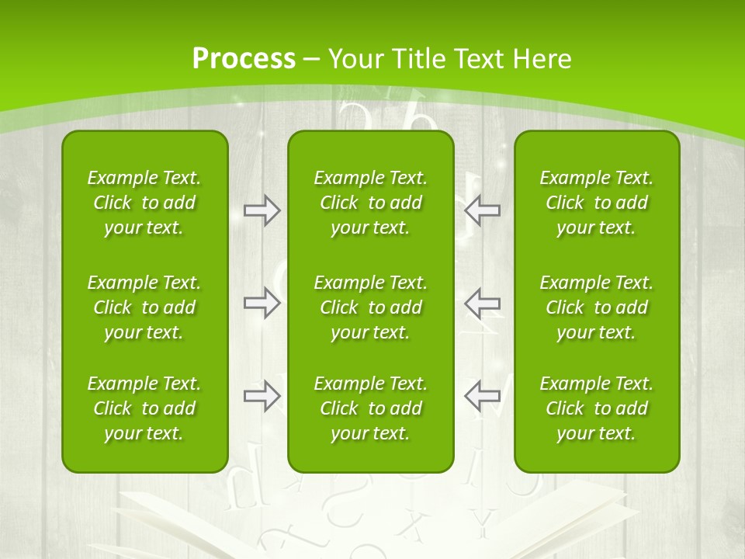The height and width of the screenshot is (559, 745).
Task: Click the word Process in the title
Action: pos(244,59)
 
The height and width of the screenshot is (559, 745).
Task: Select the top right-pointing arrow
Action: pos(262,210)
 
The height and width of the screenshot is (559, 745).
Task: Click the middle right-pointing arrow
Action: pos(262,303)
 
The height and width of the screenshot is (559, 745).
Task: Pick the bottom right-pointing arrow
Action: pos(262,396)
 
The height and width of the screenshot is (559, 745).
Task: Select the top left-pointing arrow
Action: pos(482,210)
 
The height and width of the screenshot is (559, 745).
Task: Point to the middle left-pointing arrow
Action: pos(482,303)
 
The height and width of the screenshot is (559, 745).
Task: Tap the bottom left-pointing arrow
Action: pos(482,396)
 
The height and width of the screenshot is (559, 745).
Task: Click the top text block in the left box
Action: pos(144,203)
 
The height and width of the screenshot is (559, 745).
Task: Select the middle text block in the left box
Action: pos(144,307)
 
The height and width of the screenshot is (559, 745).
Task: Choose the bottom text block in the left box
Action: pos(144,408)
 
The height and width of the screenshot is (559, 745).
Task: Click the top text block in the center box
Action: pos(370,203)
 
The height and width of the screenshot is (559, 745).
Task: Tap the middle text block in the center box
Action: pos(370,307)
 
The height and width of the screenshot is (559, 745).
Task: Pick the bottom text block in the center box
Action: pos(370,408)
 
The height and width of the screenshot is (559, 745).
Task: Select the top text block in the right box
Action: pos(596,203)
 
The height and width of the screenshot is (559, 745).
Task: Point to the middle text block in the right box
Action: pos(596,307)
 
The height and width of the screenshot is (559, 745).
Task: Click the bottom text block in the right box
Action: pos(596,408)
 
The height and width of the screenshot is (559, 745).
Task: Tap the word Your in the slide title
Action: pos(355,59)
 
